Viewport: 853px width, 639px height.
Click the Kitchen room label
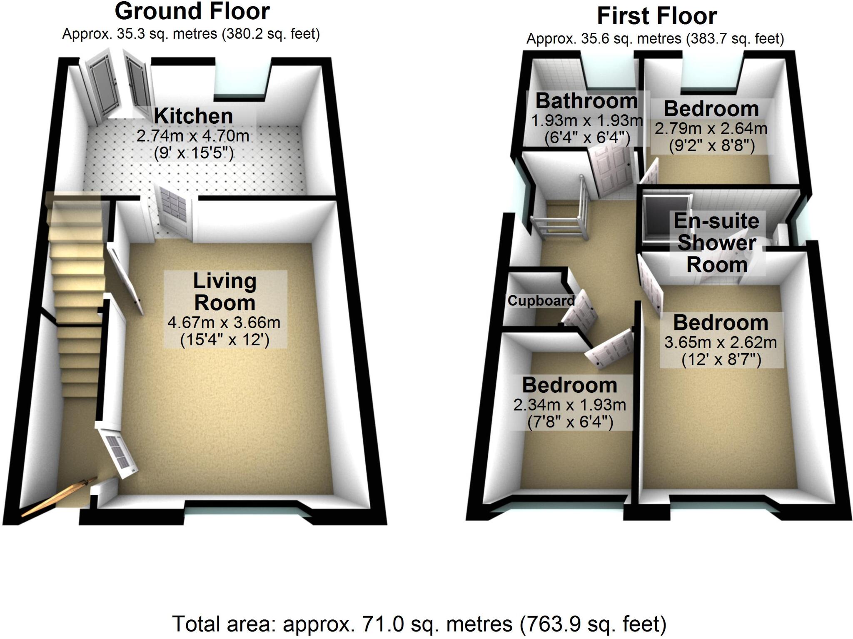(x=193, y=116)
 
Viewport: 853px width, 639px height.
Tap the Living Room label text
(x=224, y=292)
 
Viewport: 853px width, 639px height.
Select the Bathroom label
(x=586, y=101)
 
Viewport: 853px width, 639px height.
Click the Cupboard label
(x=541, y=301)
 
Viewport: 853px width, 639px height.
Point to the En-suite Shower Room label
(x=716, y=243)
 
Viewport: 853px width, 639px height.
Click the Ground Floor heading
(x=192, y=12)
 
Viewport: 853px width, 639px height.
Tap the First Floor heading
(x=657, y=17)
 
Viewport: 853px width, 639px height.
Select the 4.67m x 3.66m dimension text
(x=224, y=322)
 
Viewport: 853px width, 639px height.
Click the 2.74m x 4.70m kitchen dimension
(x=193, y=136)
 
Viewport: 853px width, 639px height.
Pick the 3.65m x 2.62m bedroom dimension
(x=721, y=342)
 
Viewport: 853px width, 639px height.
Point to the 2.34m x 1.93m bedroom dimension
(x=569, y=404)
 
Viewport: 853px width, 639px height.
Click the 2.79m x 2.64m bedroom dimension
(x=711, y=128)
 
